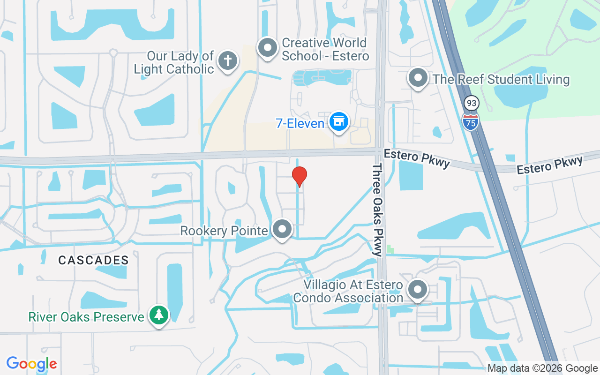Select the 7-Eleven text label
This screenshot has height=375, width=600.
point(300,124)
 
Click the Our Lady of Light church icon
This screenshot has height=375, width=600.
point(228,61)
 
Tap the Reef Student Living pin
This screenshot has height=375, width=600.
point(418,78)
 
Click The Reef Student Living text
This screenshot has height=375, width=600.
point(501,79)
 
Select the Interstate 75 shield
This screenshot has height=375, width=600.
point(470,121)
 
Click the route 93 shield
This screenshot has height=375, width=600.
point(471,103)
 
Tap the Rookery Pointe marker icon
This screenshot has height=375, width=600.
point(282,230)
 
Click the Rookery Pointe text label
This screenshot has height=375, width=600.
point(224,231)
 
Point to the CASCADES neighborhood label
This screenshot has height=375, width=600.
point(94,260)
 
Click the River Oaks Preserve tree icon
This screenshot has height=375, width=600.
point(159,315)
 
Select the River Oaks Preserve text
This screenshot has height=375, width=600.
point(86,317)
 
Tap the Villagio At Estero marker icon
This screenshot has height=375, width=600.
point(417,290)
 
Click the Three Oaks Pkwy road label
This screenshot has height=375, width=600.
point(378,210)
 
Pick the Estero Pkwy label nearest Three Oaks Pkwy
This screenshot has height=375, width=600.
point(416,158)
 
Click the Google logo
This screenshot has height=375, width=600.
point(31,363)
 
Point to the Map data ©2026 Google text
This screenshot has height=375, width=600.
point(542,368)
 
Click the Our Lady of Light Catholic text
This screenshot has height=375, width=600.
point(174,62)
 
